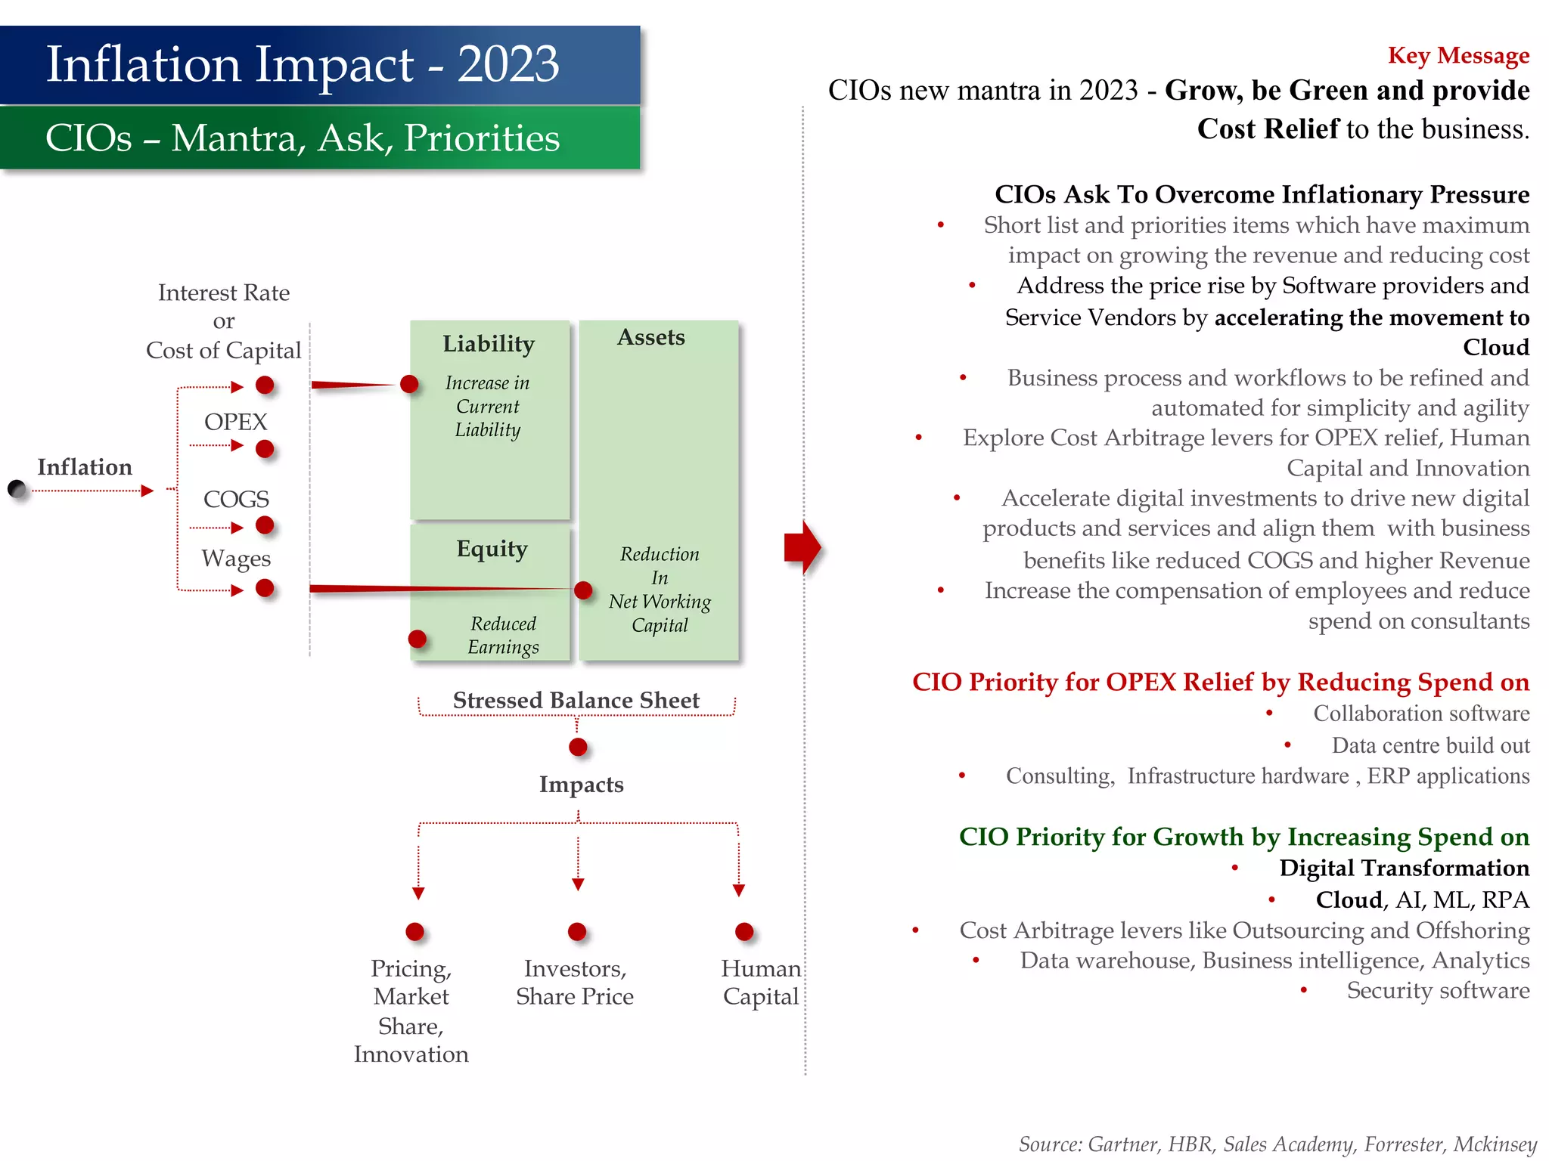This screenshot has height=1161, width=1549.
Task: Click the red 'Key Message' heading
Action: point(1457,56)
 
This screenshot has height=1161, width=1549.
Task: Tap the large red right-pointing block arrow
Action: point(802,546)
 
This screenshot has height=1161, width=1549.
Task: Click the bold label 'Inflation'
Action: point(85,467)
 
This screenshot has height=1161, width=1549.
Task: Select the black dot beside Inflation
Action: point(17,489)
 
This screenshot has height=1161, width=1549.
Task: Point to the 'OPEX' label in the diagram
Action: point(235,422)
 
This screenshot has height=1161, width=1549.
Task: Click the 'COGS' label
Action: point(236,499)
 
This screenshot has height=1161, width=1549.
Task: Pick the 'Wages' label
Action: point(236,559)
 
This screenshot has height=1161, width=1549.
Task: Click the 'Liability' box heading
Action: point(489,344)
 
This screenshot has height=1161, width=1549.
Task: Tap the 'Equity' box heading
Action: point(492,549)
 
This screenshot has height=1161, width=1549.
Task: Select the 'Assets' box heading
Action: point(650,337)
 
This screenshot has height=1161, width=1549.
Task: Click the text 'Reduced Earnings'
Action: point(503,635)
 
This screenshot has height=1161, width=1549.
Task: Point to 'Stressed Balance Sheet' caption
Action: point(576,700)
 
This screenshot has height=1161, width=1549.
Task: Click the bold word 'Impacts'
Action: point(581,785)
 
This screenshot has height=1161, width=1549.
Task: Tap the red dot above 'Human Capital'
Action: point(744,931)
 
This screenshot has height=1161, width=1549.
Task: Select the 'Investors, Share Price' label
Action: point(575,982)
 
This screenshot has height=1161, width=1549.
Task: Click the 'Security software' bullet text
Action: point(1437,990)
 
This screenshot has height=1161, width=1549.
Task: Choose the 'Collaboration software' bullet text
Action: point(1420,714)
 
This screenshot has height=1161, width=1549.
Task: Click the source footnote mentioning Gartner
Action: point(1277,1144)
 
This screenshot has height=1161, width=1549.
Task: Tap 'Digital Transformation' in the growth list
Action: point(1403,868)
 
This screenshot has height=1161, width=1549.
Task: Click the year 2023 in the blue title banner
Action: point(508,65)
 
